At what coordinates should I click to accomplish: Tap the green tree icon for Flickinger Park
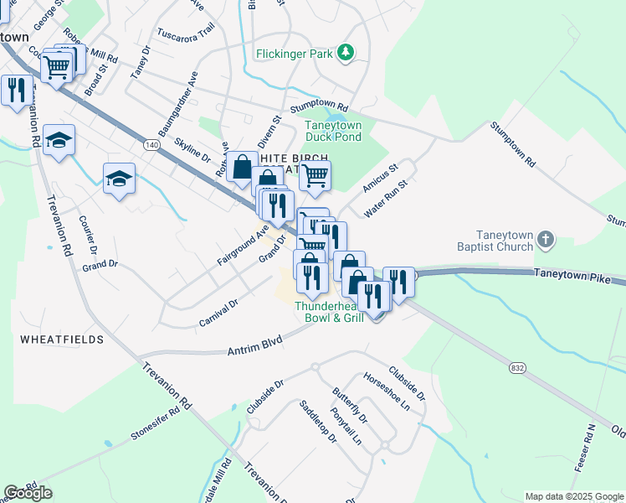345,53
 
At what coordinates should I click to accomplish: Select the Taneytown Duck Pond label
333,131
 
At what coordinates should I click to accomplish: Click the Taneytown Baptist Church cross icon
545,240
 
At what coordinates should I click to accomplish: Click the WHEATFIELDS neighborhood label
62,340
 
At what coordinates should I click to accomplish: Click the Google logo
28,492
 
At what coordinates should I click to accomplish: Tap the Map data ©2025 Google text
573,496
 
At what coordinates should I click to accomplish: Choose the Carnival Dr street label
219,312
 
